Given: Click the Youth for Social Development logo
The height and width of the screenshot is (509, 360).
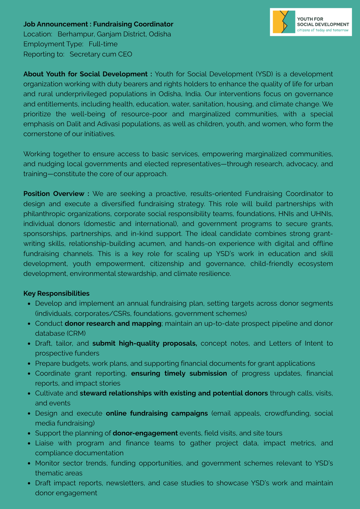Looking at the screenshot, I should pyautogui.click(x=311, y=22).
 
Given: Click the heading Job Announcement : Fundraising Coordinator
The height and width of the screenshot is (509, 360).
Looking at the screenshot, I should pyautogui.click(x=98, y=24).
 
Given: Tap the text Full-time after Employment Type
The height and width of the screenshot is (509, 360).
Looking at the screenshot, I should pyautogui.click(x=103, y=44).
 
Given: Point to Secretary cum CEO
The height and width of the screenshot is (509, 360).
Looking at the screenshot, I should pyautogui.click(x=101, y=54).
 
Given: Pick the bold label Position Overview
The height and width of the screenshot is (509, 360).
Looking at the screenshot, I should pyautogui.click(x=56, y=194).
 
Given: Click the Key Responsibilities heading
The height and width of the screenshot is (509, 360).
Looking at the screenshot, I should pyautogui.click(x=56, y=294).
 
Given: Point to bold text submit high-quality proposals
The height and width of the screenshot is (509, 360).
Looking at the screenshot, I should pyautogui.click(x=145, y=344).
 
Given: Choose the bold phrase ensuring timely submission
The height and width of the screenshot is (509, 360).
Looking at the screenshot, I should pyautogui.click(x=179, y=373).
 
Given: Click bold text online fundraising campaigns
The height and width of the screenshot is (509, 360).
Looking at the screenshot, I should pyautogui.click(x=157, y=413).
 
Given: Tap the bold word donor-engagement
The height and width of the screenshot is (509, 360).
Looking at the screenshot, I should pyautogui.click(x=145, y=433).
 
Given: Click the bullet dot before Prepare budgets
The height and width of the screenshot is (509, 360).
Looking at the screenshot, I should pyautogui.click(x=28, y=364).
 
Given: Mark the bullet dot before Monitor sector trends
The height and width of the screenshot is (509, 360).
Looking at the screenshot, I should pyautogui.click(x=28, y=463).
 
